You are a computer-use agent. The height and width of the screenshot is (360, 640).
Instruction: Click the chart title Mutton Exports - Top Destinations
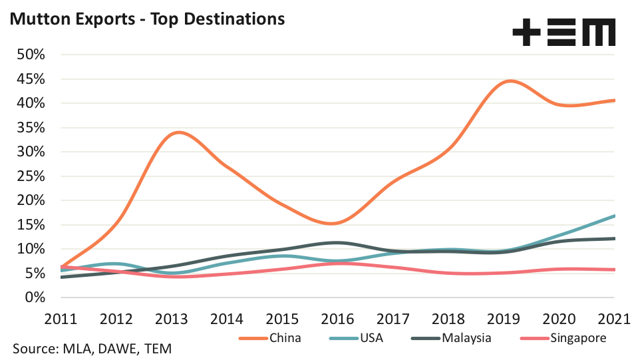tap(146, 19)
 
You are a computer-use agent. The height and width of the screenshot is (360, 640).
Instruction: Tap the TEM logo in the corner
tap(563, 32)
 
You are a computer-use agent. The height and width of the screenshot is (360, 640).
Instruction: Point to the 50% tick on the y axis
tap(30, 55)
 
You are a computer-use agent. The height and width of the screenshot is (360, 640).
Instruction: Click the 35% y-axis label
tap(30, 127)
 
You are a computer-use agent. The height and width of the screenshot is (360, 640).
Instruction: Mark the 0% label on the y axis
tap(33, 297)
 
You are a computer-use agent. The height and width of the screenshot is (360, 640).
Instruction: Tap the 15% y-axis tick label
tap(30, 224)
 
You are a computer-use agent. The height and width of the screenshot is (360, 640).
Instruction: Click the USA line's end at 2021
tap(614, 216)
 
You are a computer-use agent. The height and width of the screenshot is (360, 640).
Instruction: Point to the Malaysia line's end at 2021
tap(614, 238)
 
